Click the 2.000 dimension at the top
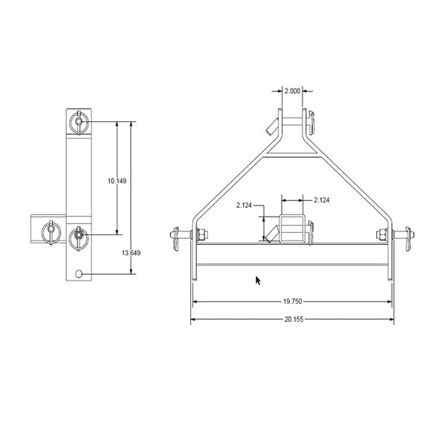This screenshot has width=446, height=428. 293,91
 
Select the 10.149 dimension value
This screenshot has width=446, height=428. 116,181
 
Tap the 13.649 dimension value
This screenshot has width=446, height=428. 131,253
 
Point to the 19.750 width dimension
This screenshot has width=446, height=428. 292,301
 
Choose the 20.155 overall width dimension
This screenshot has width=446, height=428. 292,319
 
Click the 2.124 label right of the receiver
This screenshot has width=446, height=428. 323,199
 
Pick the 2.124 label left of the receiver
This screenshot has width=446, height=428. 246,205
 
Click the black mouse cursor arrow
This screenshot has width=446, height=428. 258,280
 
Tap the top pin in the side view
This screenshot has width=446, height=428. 79,121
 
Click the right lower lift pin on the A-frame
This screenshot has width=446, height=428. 405,237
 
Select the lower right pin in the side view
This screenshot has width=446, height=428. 79,237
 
